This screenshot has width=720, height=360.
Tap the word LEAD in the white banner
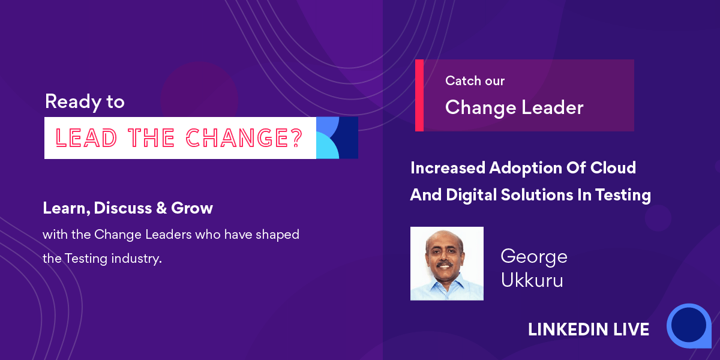click(x=86, y=138)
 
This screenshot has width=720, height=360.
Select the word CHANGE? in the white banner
click(x=244, y=138)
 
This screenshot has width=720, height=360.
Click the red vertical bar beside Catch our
click(x=419, y=95)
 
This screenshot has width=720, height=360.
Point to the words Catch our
click(x=475, y=80)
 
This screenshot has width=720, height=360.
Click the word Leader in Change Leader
click(x=552, y=107)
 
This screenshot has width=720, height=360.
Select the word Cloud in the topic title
click(x=613, y=167)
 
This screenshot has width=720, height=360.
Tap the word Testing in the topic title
click(x=623, y=196)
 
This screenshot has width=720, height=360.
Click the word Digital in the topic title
click(x=471, y=196)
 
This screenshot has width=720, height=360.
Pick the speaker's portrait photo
click(x=447, y=263)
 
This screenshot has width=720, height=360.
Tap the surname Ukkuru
click(x=532, y=280)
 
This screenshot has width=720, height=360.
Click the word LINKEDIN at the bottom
click(x=568, y=329)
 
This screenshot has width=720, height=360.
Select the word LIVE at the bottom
click(x=631, y=329)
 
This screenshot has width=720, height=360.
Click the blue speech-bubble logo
click(x=689, y=326)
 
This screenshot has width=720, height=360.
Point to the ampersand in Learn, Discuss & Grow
click(x=161, y=208)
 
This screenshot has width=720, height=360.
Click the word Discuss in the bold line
click(x=123, y=208)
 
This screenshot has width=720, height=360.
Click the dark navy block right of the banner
click(x=349, y=137)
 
